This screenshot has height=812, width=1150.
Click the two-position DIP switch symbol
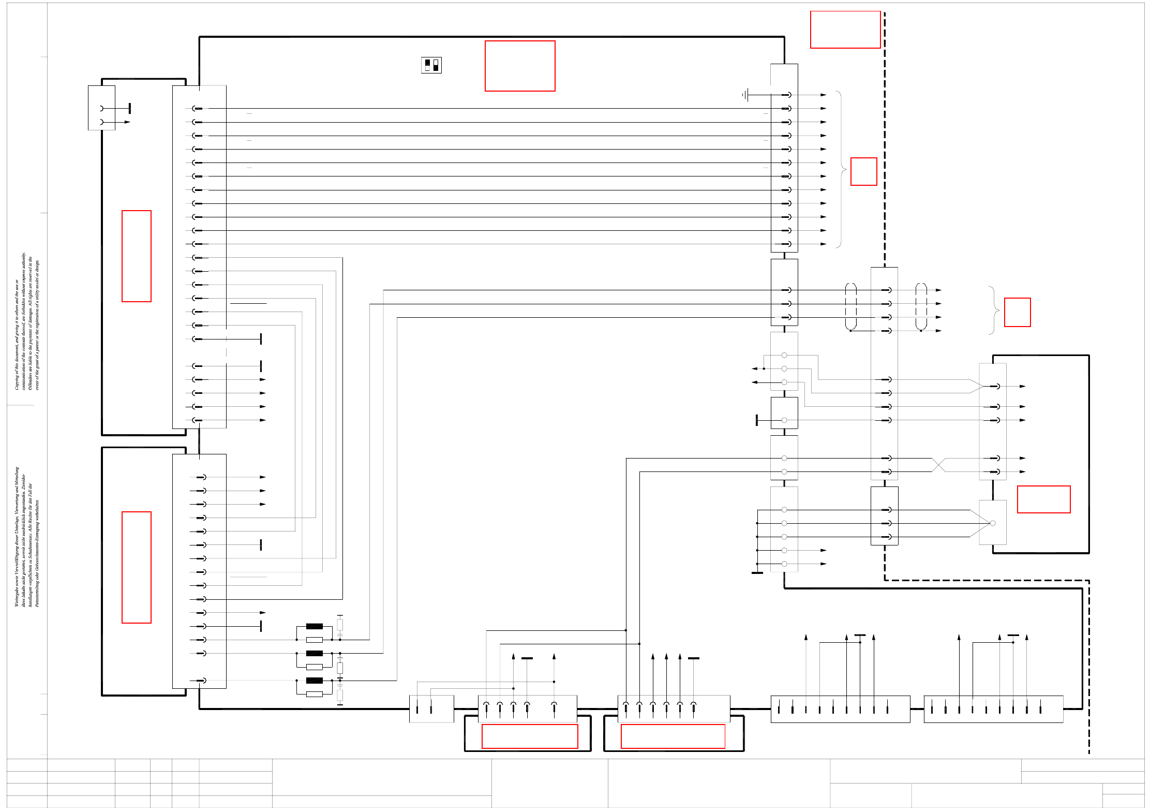coord(431,65)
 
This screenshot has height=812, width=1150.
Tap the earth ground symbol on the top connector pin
coord(745,95)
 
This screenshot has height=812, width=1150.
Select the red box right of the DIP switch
coord(520,66)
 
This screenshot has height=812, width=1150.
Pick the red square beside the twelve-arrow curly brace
coord(863,171)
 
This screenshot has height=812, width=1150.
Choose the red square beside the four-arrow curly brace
coord(1017,312)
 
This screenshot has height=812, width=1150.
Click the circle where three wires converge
coord(992,523)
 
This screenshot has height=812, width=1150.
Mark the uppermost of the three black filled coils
coord(314,626)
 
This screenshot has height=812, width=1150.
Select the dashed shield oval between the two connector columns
coord(850,306)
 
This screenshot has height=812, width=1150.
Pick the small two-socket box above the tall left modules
coord(101,108)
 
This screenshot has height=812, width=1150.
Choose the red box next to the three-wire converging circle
coord(1043,499)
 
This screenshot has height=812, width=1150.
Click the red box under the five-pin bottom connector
coord(529,736)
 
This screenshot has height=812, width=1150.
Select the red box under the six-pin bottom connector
coord(673,736)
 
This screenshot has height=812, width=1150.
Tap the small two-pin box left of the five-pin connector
coord(431,708)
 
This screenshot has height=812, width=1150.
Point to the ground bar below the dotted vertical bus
coord(757,572)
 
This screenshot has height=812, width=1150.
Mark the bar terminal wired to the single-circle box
coord(757,420)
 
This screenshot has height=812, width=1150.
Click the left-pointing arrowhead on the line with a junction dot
coord(755,368)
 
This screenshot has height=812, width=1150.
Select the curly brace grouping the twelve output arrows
coord(841,169)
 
